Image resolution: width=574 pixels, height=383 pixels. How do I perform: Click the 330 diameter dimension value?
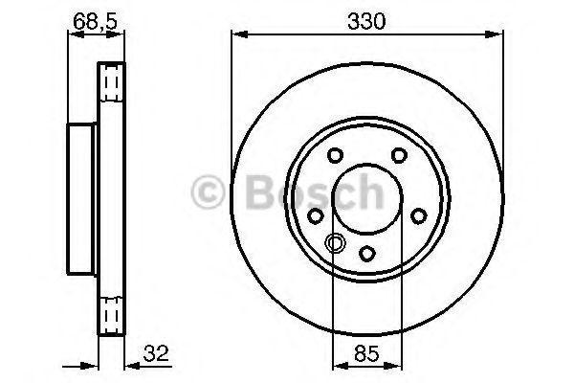[x=366, y=21]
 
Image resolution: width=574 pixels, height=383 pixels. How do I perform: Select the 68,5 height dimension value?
[x=95, y=21]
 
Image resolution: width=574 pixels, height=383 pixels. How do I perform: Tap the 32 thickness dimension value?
[x=156, y=353]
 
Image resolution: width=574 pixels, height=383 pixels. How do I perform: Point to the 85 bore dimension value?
[x=366, y=353]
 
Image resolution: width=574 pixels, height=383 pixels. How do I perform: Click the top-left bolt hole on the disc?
[x=335, y=155]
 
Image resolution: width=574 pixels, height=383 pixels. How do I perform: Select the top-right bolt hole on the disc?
[x=399, y=155]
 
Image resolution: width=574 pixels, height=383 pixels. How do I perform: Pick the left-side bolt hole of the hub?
[x=315, y=215]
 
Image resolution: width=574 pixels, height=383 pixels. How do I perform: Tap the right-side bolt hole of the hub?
[x=419, y=215]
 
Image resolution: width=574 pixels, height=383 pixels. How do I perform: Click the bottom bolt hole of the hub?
[x=366, y=253]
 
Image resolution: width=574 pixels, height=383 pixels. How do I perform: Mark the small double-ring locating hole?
[x=334, y=242]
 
